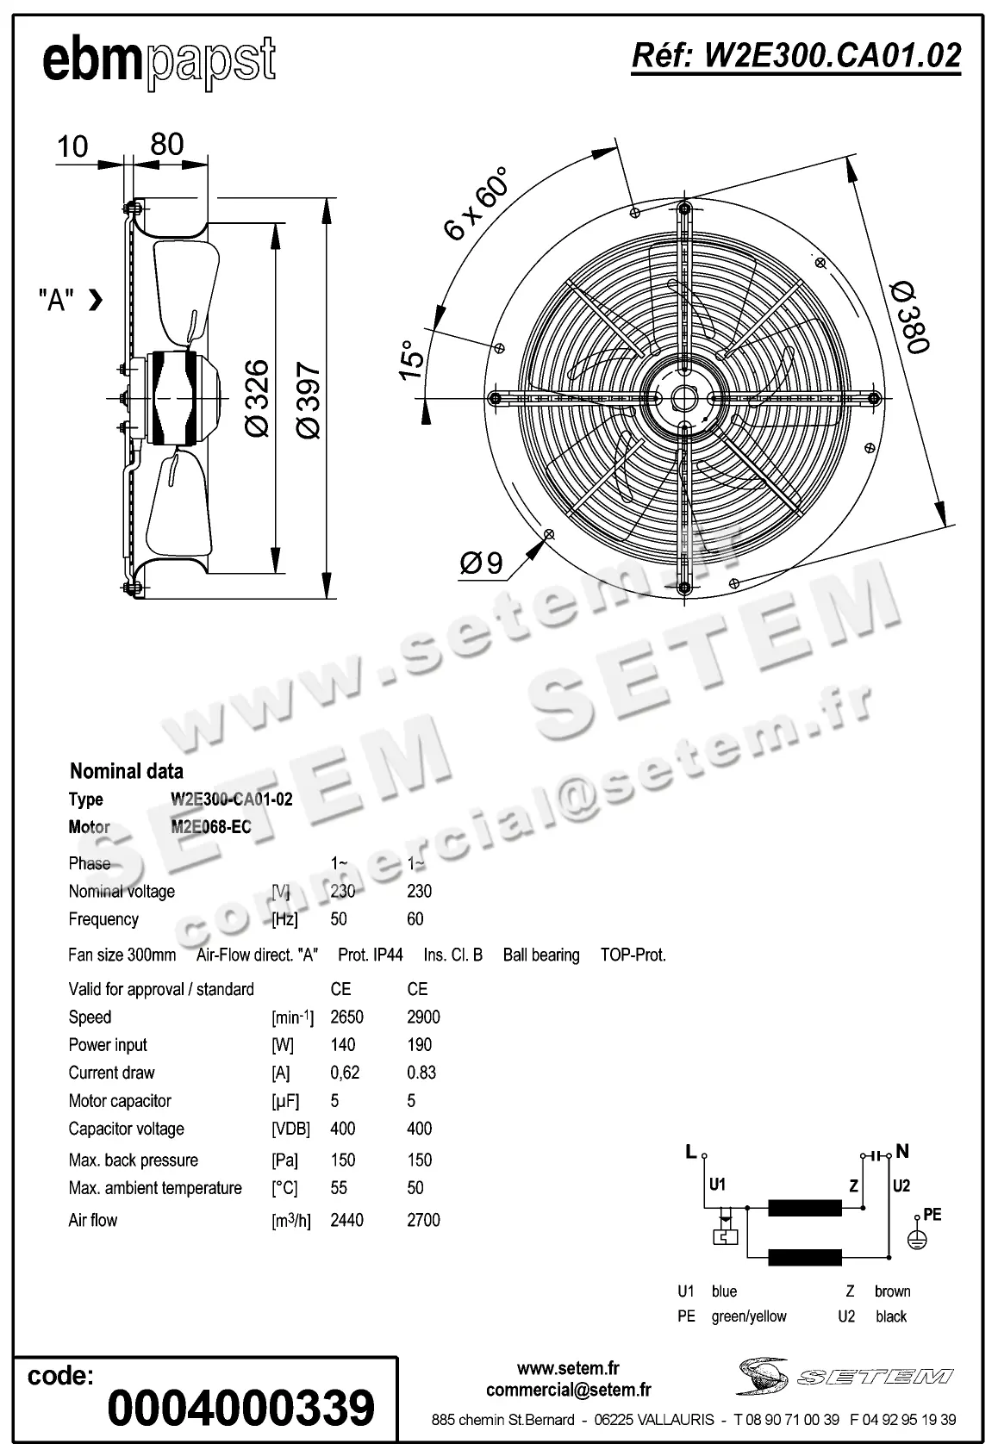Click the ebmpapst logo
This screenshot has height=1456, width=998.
click(159, 61)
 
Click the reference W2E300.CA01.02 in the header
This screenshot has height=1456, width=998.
click(796, 56)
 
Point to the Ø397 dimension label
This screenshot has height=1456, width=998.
click(309, 400)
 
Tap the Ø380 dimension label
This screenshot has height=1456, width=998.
click(909, 316)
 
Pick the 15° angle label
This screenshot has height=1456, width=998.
click(412, 359)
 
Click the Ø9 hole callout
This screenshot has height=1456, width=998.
click(481, 563)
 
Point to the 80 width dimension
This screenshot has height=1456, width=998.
click(166, 144)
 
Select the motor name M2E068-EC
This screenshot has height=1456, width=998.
click(211, 827)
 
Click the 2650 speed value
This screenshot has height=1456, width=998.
click(346, 1017)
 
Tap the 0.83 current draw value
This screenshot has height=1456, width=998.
click(421, 1073)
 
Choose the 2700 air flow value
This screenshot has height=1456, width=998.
click(423, 1220)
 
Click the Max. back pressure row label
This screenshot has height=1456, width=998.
click(133, 1160)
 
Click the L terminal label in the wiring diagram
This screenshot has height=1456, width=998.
click(690, 1152)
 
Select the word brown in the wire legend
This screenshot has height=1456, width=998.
click(892, 1291)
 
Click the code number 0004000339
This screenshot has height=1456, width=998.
click(241, 1408)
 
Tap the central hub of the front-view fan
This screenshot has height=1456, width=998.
click(684, 398)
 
